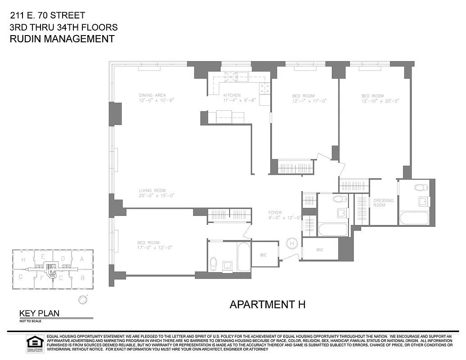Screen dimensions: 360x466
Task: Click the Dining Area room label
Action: (152, 95)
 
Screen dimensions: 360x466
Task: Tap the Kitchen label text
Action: (232, 95)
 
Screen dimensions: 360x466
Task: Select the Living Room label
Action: (152, 190)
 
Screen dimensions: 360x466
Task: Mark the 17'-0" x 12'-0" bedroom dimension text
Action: (155, 247)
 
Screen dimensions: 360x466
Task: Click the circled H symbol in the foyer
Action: (292, 243)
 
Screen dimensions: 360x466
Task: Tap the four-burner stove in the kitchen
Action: (265, 88)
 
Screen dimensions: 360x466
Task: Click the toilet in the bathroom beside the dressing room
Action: (421, 188)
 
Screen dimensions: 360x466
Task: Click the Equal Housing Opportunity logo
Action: (34, 343)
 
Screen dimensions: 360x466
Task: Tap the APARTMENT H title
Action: (267, 305)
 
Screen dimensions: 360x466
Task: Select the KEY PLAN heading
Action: (39, 314)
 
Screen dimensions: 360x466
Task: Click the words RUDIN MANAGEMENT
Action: (62, 39)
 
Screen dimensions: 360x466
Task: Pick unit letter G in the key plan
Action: (21, 277)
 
